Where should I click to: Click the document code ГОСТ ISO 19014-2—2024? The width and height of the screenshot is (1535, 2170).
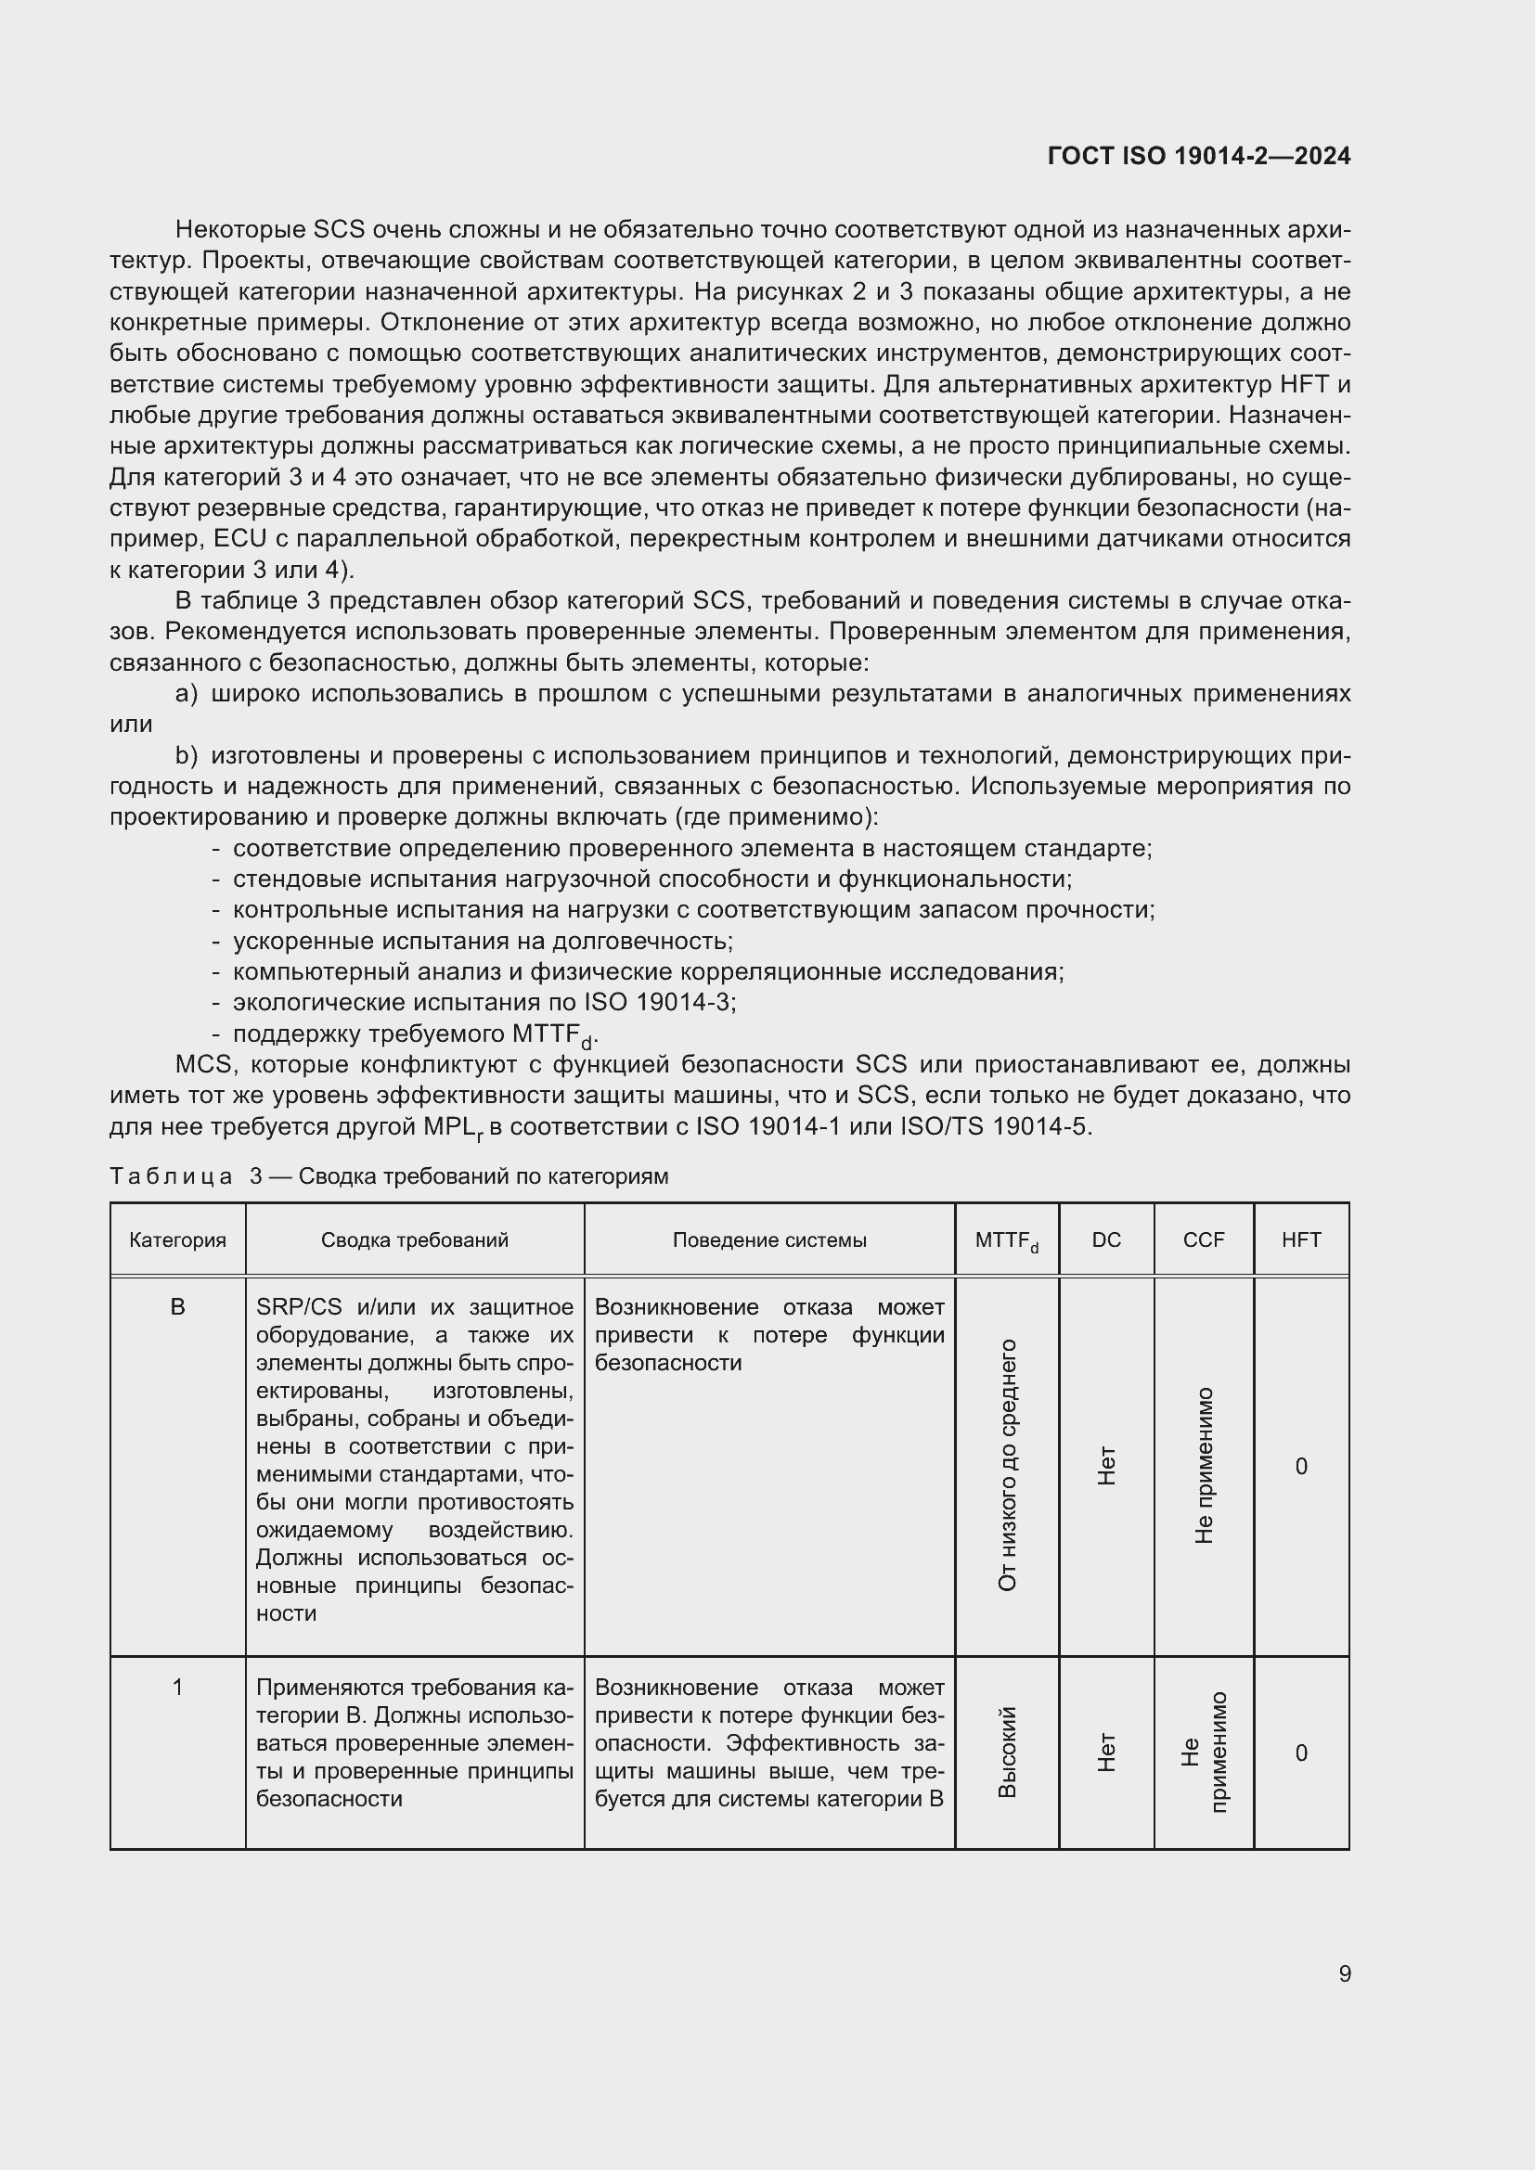click(x=1198, y=156)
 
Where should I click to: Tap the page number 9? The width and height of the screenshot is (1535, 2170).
click(x=1344, y=1973)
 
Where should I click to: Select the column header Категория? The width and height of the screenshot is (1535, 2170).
click(x=177, y=1240)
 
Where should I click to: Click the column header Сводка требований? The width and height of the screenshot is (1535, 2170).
click(x=414, y=1240)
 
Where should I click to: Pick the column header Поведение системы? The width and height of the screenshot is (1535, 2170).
click(x=768, y=1240)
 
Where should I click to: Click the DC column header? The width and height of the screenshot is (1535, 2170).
click(x=1106, y=1240)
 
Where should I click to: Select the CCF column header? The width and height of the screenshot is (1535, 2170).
click(x=1204, y=1240)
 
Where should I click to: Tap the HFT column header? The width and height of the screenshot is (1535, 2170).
click(x=1300, y=1240)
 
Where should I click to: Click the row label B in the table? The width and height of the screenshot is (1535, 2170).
click(x=177, y=1307)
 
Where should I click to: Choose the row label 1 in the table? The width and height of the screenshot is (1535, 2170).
click(x=177, y=1687)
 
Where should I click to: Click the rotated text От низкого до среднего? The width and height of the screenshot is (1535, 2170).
click(x=1008, y=1465)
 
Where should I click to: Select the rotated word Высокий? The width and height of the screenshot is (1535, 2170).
click(x=1008, y=1753)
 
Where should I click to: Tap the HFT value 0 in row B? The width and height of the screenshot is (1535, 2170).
click(x=1300, y=1466)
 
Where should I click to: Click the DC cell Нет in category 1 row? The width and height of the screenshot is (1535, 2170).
click(x=1107, y=1753)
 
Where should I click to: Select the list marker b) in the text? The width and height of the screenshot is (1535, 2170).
click(x=187, y=755)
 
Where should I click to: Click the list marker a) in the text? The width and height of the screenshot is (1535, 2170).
click(x=187, y=694)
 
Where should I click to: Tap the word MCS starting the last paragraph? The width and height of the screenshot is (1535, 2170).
click(x=203, y=1064)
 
